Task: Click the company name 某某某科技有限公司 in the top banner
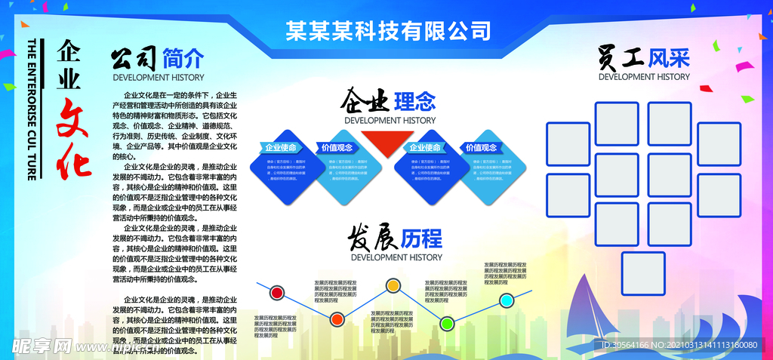(388, 30)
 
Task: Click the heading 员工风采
(644, 57)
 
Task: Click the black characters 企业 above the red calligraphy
(69, 63)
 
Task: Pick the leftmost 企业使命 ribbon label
(281, 147)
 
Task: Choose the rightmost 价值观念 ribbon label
(482, 147)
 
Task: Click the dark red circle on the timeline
(277, 292)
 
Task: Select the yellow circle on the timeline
(393, 285)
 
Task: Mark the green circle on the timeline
(447, 324)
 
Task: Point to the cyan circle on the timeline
(507, 300)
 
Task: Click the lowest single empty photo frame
(643, 273)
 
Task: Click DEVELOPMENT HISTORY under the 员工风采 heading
(644, 76)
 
